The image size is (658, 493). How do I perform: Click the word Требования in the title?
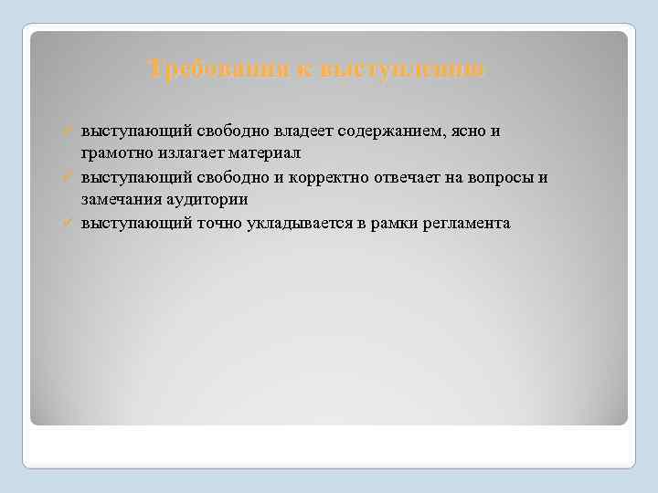[218, 68]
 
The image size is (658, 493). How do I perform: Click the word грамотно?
[115, 153]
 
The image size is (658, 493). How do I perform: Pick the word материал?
[266, 153]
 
